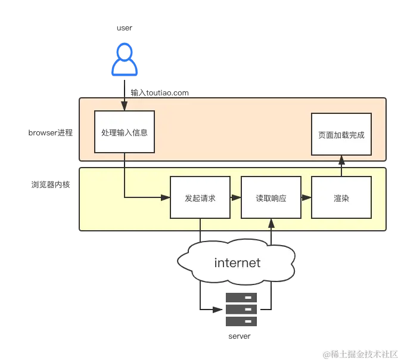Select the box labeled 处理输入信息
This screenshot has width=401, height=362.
pos(125,132)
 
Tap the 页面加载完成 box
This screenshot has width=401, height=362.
pos(341,135)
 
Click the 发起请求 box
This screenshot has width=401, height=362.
pos(200,197)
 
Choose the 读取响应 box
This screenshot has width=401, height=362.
pos(271,197)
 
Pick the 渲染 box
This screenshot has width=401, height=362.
pos(341,197)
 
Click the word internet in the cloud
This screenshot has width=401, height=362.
pos(237,262)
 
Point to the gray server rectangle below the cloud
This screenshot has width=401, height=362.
pos(241,310)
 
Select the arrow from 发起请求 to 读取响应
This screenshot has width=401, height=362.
pos(235,197)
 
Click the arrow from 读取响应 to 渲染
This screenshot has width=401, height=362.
pos(306,197)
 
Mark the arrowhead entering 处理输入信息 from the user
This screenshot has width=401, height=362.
pos(125,107)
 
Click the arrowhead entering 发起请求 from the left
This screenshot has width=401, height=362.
pos(166,197)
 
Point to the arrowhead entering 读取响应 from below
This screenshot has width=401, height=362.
pos(271,222)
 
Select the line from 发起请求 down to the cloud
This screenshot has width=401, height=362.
pos(200,230)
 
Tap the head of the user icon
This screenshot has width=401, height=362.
pos(124,52)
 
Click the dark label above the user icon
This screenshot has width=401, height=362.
pos(124,27)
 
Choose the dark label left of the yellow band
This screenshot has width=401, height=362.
pos(50,184)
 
